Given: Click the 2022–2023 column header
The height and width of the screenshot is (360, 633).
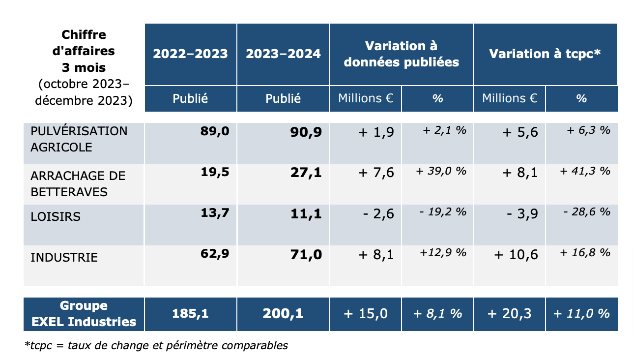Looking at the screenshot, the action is tap(190, 54).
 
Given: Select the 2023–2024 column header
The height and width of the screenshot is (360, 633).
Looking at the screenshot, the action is tap(283, 54).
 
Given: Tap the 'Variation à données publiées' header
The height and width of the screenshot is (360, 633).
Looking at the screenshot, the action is tap(401, 54).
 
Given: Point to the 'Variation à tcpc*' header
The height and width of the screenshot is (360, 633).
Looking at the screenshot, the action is tap(545, 54).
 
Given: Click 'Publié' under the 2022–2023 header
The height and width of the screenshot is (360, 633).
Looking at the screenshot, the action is tap(190, 98).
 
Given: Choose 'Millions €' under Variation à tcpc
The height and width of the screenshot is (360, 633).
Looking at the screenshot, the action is tap(510, 98).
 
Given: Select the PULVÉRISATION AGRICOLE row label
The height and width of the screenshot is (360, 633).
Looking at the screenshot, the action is tap(79, 139).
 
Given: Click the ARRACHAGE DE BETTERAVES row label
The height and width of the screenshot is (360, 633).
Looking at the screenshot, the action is tap(78, 184).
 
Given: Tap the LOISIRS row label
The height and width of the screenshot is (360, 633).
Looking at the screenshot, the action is tap(56, 216).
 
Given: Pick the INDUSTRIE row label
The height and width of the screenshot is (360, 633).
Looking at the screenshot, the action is tap(64, 257).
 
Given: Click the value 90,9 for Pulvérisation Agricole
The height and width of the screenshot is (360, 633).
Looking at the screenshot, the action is tap(306, 132).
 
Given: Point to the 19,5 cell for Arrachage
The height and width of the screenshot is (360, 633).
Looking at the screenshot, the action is tap(215, 172).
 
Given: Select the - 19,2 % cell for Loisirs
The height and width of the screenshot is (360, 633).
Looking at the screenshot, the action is tap(443, 212).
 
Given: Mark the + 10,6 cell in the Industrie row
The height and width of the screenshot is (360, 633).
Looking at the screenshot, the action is tap(516, 255).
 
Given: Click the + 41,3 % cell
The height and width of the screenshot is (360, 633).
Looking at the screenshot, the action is tap(585, 171).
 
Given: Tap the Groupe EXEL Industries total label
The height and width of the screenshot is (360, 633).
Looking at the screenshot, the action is tap(84, 314).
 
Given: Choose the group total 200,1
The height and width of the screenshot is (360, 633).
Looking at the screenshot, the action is tap(283, 313).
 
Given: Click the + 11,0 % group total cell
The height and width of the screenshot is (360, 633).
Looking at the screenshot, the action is tap(581, 314).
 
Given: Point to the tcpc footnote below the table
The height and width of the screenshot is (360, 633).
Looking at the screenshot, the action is tap(156, 345).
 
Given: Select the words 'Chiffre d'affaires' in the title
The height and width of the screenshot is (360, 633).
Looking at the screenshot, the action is tap(84, 43).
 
